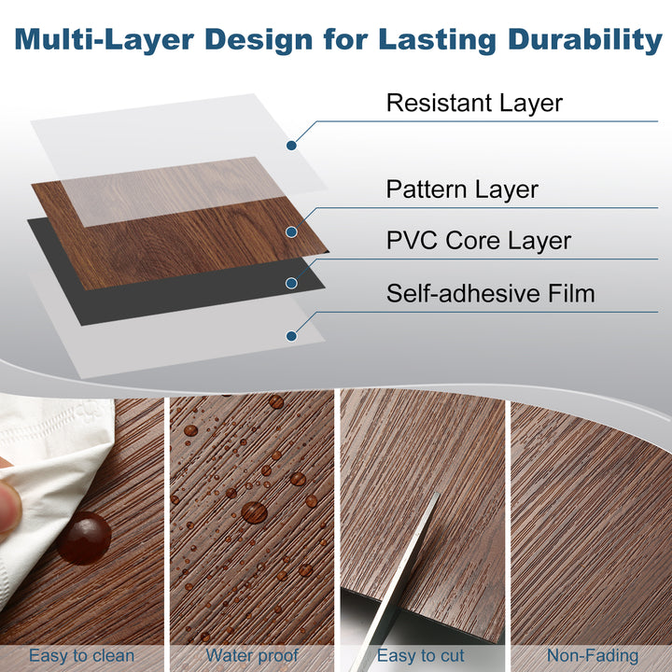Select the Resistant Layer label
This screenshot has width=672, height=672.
474,103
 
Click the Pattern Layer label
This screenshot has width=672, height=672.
462,190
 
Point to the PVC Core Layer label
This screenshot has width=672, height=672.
479,242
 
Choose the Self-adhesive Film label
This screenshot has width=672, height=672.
490,294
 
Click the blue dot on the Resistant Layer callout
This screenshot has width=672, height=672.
292,146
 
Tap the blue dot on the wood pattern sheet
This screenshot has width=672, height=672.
292,231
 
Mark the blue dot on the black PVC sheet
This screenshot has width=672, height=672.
292,283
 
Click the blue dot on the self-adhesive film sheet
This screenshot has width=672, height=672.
292,335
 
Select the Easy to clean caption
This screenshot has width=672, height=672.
81,656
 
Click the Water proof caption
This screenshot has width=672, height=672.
250,656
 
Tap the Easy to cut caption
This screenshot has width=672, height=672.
421,656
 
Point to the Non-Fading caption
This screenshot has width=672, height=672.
593,656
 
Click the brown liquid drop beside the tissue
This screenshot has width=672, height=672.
85,538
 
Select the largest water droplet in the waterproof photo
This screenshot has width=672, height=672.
254,511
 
